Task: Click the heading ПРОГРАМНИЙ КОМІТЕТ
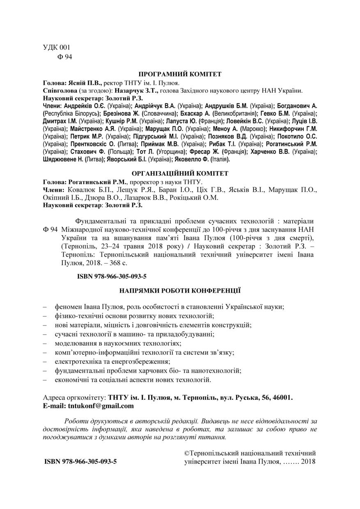coord(180,74)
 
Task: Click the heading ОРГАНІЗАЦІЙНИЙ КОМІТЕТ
coord(180,174)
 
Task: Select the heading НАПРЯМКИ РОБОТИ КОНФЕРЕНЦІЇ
coord(180,290)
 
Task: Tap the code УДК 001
coord(54,48)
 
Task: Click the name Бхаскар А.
coord(195,113)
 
